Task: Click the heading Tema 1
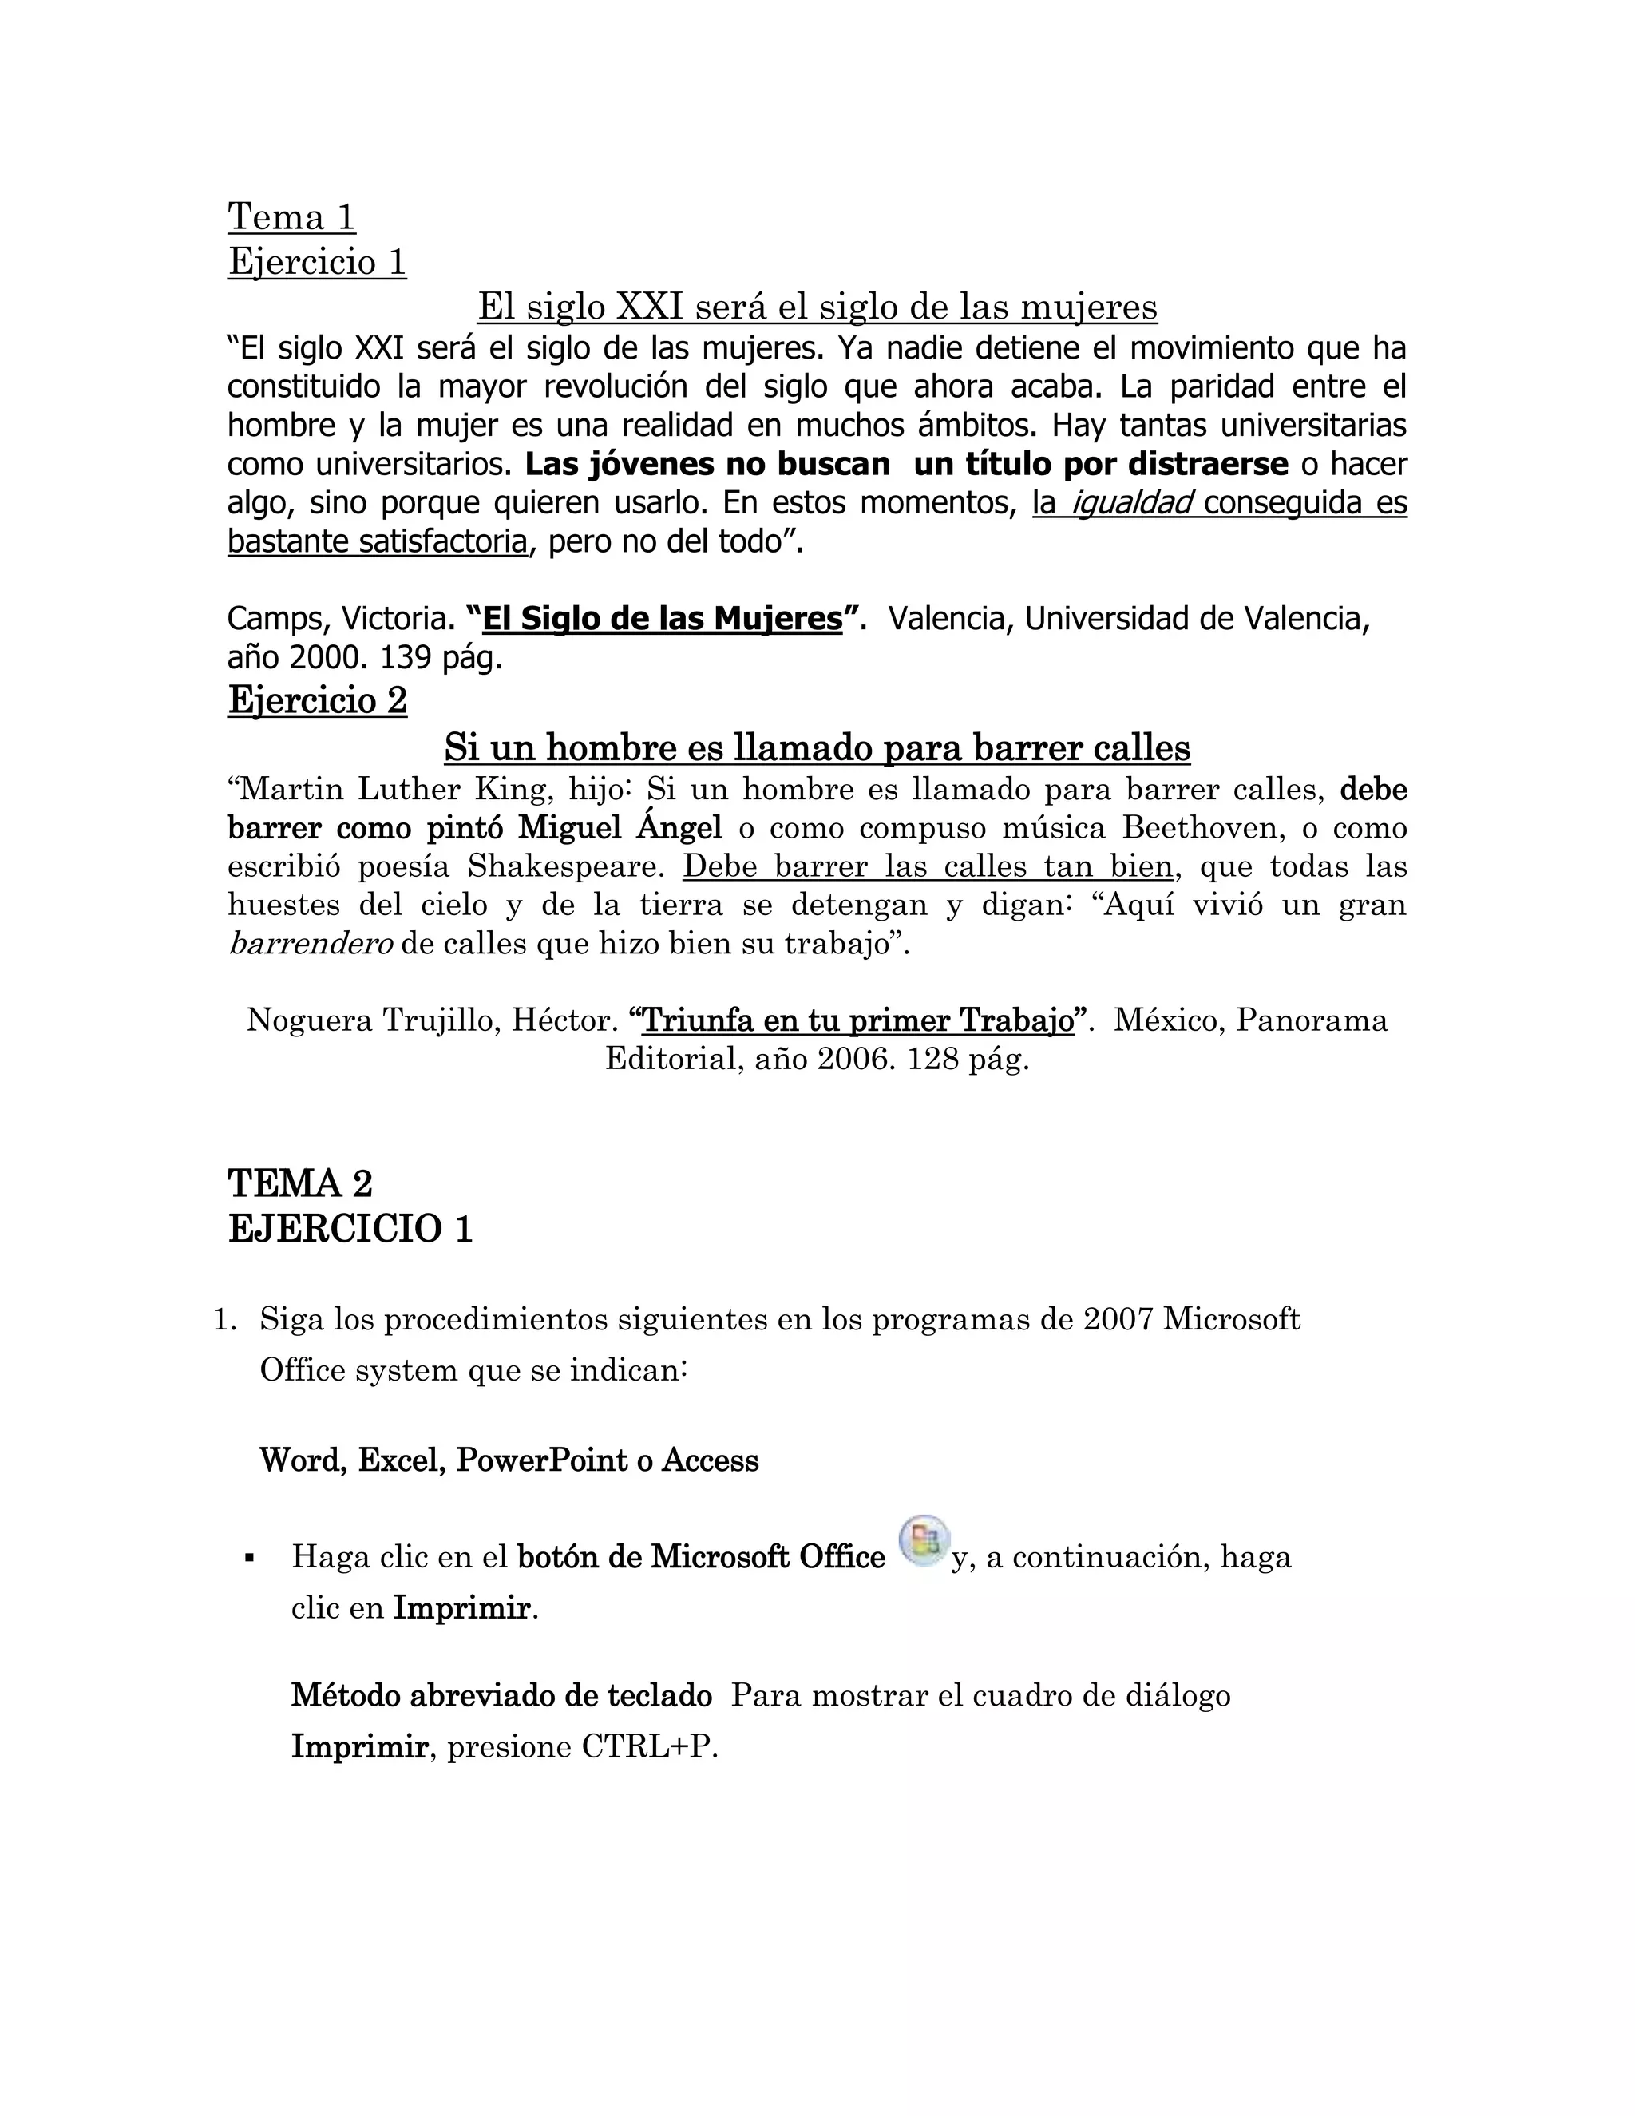pyautogui.click(x=291, y=217)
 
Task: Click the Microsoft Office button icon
pyautogui.click(x=924, y=1539)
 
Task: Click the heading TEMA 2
pyautogui.click(x=300, y=1183)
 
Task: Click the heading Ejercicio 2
pyautogui.click(x=317, y=699)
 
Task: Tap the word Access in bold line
pyautogui.click(x=710, y=1460)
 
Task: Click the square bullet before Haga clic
pyautogui.click(x=249, y=1559)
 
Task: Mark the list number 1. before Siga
pyautogui.click(x=224, y=1320)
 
